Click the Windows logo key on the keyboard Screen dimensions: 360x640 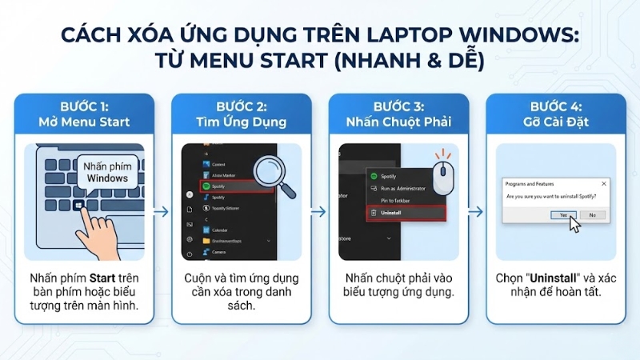pos(78,206)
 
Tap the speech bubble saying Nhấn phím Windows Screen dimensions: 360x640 pos(106,172)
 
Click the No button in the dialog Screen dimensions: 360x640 pos(592,214)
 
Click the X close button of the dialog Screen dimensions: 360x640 pos(604,183)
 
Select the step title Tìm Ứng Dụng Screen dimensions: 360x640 pos(242,122)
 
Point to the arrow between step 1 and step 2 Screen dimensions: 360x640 pos(161,211)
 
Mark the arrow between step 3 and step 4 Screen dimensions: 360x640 pos(475,211)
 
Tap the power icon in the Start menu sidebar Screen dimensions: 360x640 pos(188,254)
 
